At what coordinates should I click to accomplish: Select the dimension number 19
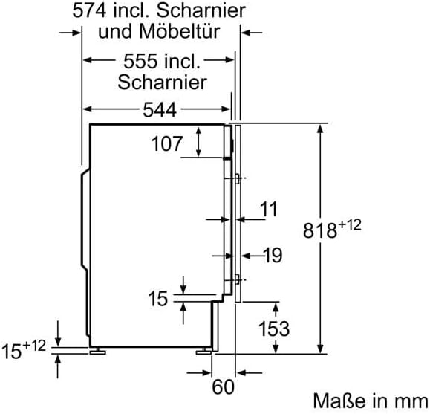[273, 255]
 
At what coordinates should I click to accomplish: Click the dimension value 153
[274, 328]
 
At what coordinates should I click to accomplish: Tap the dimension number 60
[223, 386]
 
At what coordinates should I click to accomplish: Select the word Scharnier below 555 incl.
[162, 81]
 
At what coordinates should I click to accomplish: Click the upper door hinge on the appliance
[236, 178]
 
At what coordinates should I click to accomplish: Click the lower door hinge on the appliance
[236, 279]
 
